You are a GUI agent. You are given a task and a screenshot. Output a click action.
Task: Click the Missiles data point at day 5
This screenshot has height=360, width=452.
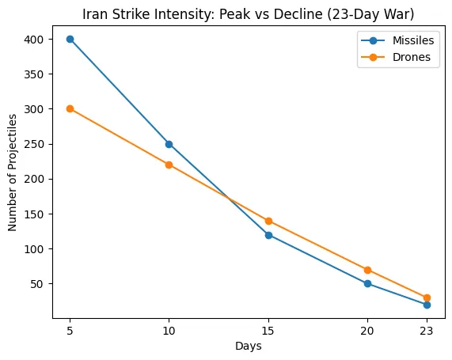[x=70, y=39]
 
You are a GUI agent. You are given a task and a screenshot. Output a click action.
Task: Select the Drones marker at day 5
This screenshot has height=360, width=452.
[x=70, y=108]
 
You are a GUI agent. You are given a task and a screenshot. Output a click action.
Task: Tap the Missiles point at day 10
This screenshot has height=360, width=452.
[x=169, y=144]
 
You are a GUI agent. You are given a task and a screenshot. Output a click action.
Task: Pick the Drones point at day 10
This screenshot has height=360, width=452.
[x=169, y=165]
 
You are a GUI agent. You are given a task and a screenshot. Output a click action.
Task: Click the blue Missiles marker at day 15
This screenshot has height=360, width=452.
[x=268, y=234]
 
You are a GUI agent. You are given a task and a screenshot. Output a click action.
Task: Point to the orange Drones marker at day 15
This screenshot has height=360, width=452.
[x=268, y=221]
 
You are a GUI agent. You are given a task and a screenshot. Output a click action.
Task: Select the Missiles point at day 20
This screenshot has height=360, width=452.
[x=367, y=283]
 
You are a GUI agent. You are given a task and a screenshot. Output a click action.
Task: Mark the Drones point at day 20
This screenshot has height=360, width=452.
[x=367, y=270]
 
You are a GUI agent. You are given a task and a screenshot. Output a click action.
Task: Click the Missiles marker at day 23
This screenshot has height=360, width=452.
[x=427, y=305]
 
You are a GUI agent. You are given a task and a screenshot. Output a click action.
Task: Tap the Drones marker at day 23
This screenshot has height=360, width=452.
[x=427, y=297]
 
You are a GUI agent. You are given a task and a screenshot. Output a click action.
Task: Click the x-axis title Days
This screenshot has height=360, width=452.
[x=249, y=347]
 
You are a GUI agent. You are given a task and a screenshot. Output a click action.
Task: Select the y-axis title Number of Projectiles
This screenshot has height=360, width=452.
[x=13, y=172]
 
